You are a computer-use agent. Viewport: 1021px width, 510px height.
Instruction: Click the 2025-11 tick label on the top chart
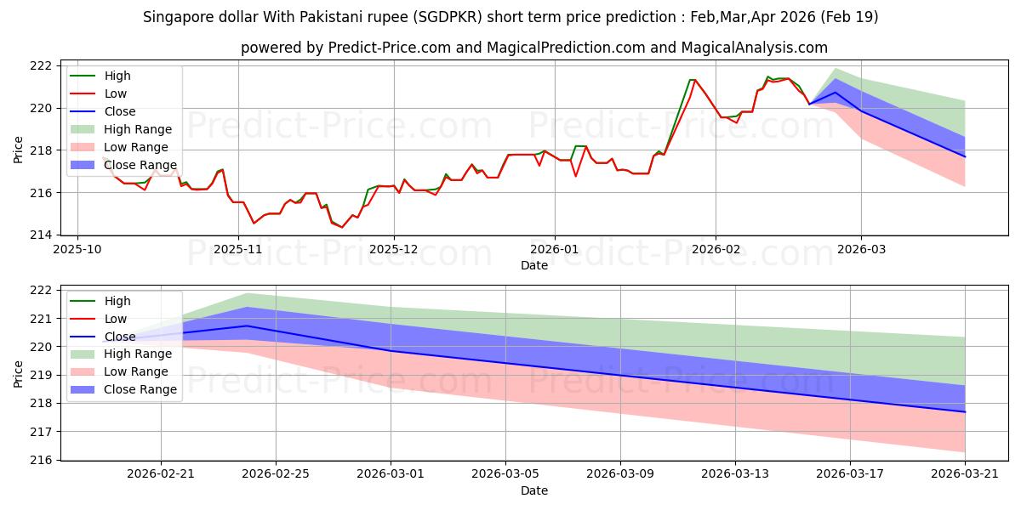click(238, 249)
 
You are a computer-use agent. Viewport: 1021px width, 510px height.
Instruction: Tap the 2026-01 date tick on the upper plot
click(555, 249)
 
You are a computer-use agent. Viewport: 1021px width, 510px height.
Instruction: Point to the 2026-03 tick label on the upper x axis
click(861, 249)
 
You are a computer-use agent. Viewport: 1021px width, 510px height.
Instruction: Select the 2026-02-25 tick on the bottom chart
click(276, 473)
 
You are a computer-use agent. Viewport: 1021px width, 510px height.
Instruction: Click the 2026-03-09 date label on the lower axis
click(620, 473)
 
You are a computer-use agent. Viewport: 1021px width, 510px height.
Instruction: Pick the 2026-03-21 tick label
click(965, 473)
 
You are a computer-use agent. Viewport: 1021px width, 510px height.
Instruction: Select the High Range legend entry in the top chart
click(121, 129)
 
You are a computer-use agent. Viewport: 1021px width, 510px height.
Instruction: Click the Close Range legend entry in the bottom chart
click(123, 389)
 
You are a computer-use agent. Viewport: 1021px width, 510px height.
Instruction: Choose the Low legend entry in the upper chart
click(98, 93)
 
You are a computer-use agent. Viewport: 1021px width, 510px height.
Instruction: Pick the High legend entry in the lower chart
click(100, 301)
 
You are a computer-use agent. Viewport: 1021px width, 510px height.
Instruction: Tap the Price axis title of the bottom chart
click(18, 374)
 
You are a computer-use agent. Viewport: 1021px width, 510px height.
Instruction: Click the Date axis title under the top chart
click(534, 265)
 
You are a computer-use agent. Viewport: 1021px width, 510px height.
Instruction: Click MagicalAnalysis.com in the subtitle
click(755, 48)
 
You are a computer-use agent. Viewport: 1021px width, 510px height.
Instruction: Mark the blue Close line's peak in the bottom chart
click(247, 326)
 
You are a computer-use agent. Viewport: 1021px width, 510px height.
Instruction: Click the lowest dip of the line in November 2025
click(342, 227)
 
